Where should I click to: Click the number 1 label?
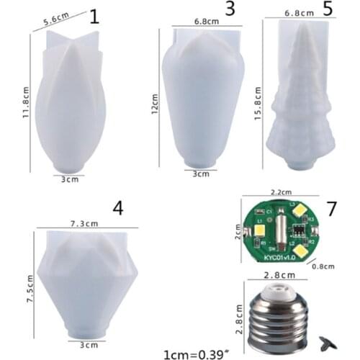(x=94, y=17)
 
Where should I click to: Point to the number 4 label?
(x=118, y=208)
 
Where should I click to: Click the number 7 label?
(x=331, y=208)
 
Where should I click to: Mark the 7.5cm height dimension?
(x=30, y=289)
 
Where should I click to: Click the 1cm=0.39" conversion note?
(x=196, y=353)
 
